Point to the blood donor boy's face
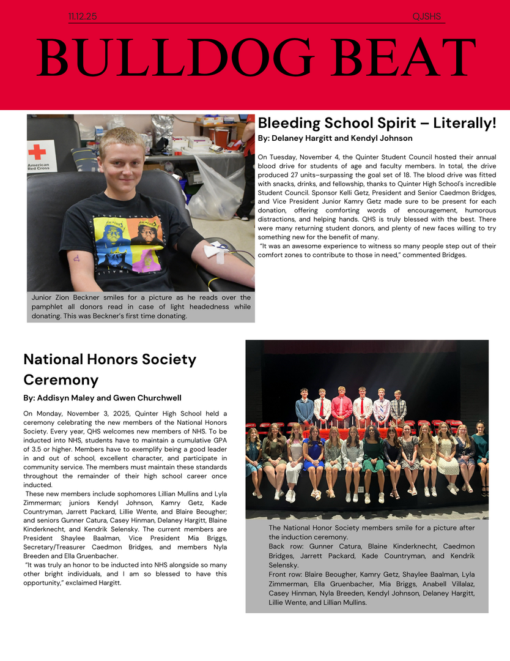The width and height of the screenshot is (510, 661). tap(122, 162)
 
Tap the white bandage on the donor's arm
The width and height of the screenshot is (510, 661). tap(215, 250)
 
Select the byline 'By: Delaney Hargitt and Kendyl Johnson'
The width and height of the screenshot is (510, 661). tap(335, 138)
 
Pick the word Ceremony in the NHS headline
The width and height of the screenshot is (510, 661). tap(61, 380)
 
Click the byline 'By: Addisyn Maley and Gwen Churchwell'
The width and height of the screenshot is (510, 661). tap(102, 398)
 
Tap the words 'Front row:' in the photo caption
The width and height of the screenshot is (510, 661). tap(287, 575)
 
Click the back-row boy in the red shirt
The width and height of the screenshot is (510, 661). tap(342, 407)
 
